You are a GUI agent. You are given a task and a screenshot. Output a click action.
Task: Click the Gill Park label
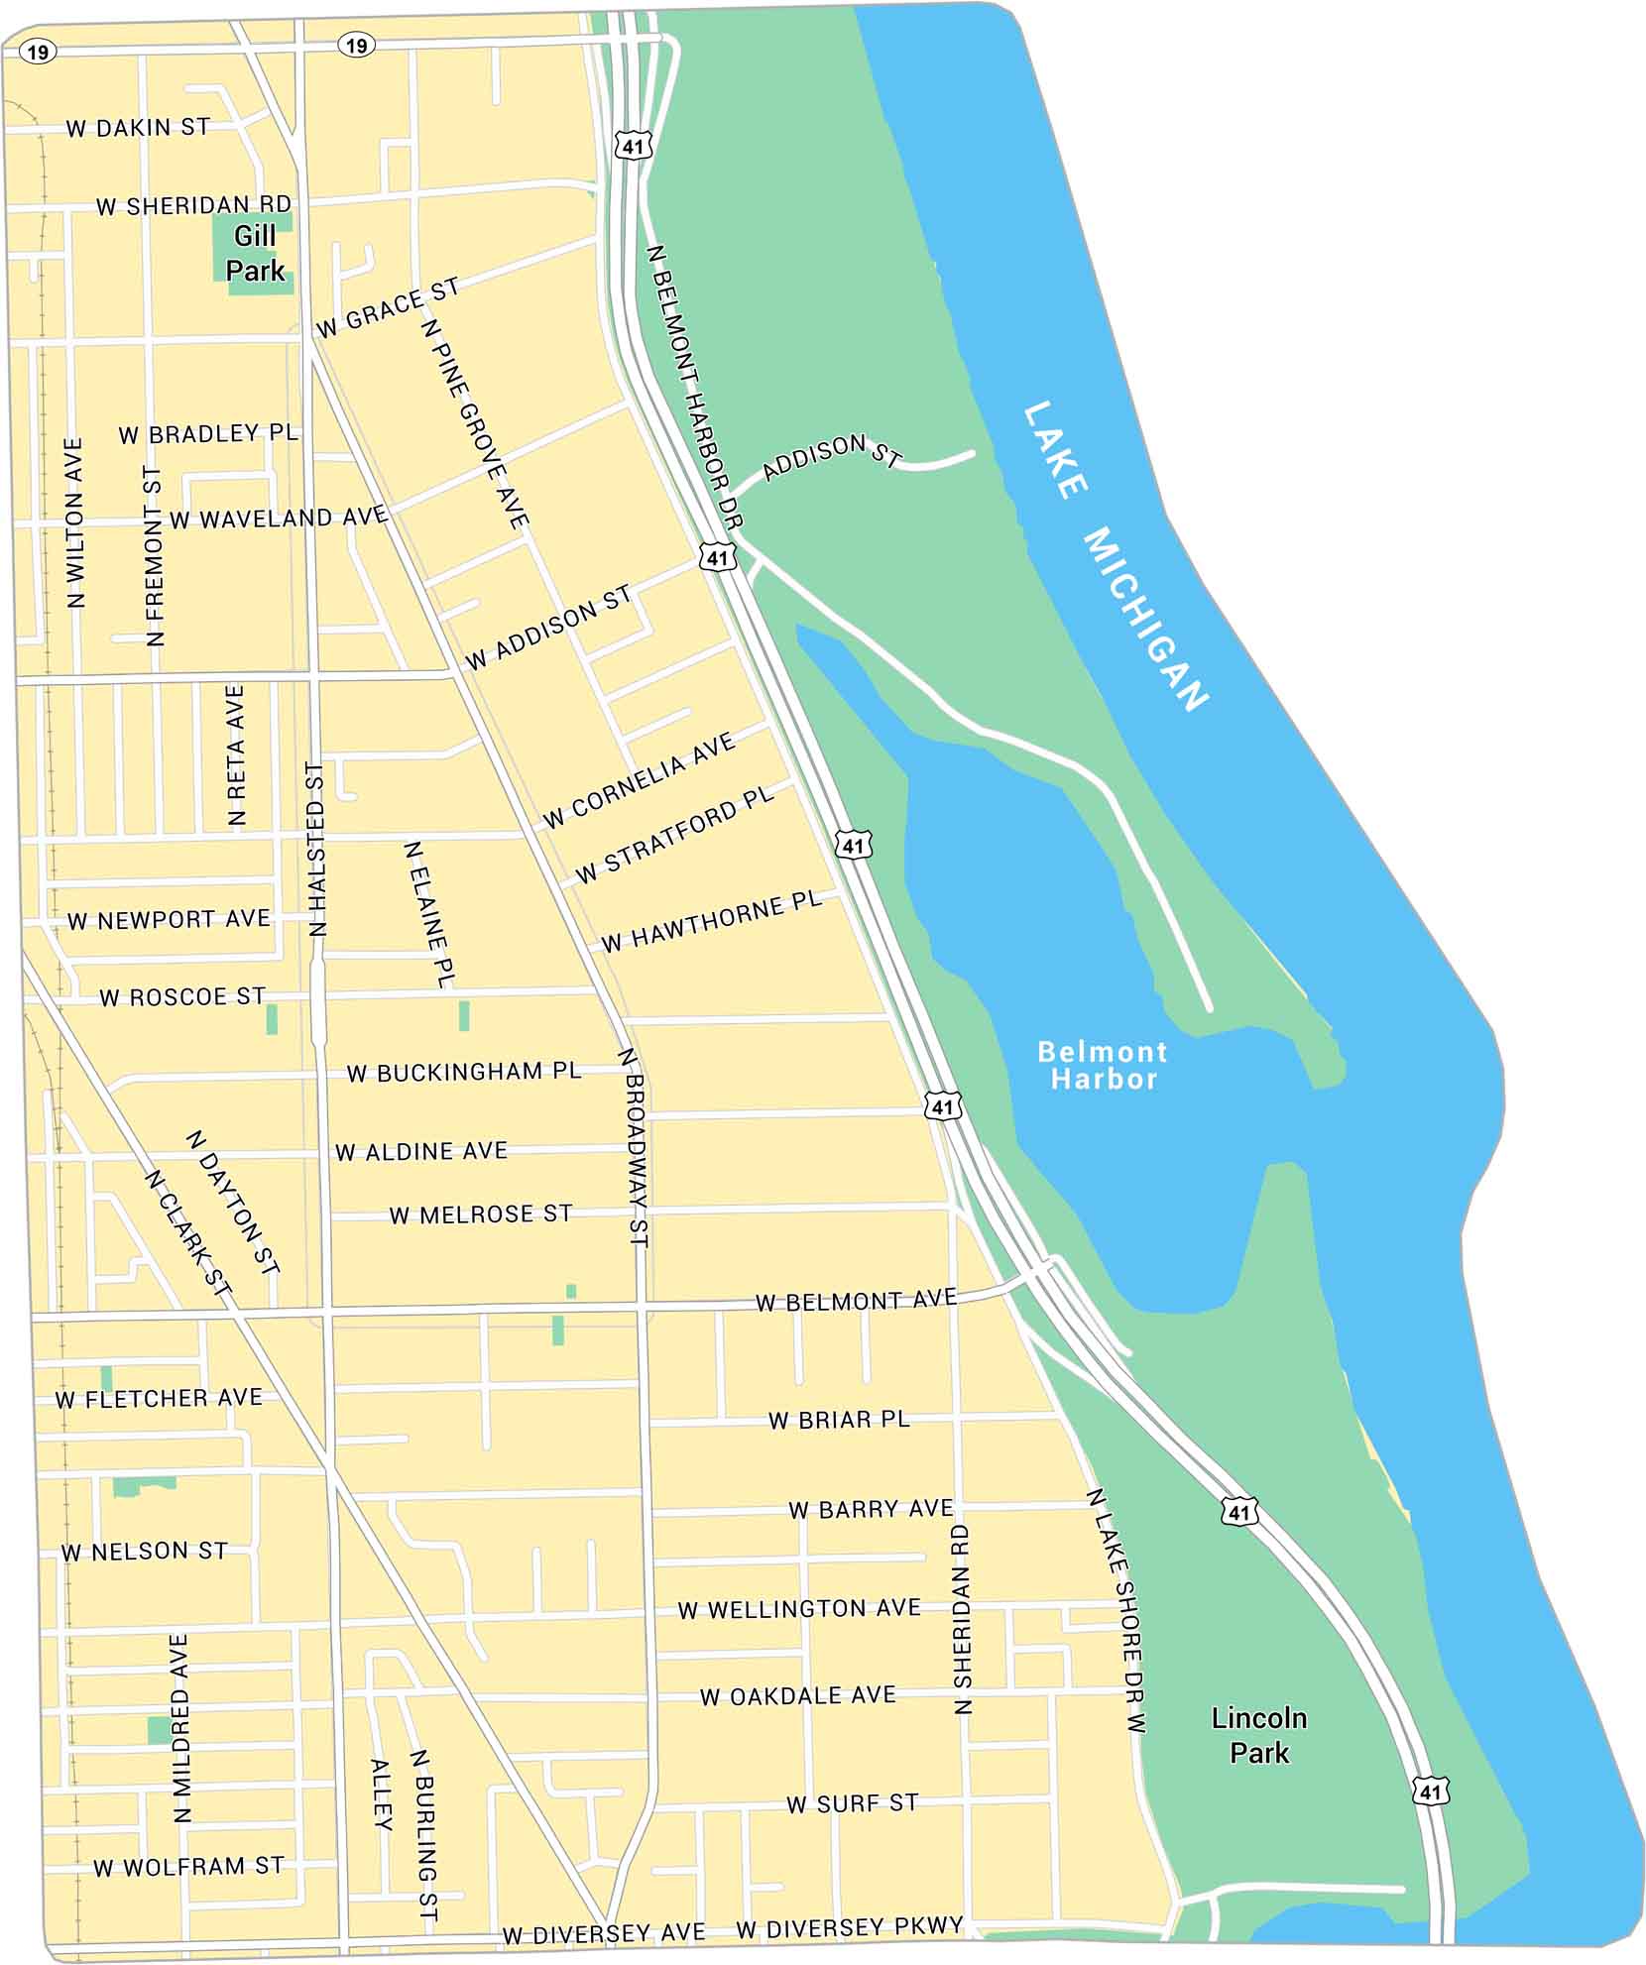255,253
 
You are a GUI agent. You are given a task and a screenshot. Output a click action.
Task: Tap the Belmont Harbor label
1103,1065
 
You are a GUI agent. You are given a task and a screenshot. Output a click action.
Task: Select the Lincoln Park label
1258,1735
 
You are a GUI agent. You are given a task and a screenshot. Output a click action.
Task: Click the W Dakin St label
138,128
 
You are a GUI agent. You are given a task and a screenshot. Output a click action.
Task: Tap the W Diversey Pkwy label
850,1926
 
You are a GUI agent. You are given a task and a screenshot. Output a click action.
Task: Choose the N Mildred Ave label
180,1728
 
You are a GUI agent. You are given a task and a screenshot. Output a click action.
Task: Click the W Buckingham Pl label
464,1072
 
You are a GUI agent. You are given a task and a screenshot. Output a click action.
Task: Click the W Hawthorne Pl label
712,921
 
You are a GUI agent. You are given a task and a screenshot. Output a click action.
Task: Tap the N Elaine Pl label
429,913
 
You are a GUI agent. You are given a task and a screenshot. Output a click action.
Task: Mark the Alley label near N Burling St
382,1793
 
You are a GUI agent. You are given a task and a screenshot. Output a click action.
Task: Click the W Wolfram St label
188,1867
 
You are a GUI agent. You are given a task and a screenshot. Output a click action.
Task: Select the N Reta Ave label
236,754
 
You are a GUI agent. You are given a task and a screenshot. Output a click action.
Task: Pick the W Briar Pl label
839,1420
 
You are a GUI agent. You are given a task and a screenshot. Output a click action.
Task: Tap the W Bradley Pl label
208,434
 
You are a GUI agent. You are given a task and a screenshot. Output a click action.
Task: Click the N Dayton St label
233,1202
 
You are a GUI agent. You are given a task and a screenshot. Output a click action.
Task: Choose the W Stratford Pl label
674,836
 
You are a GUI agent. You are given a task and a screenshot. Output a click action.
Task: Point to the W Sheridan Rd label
194,205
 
